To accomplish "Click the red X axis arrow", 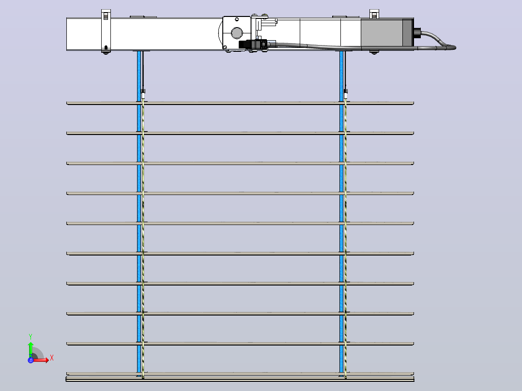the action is point(41,360).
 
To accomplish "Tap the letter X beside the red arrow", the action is point(52,358).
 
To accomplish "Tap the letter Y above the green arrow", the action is point(31,336).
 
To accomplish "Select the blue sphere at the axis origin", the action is point(31,360).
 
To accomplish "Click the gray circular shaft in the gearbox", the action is point(237,33).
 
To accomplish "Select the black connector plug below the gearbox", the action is point(253,45).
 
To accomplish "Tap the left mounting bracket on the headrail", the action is point(106,31).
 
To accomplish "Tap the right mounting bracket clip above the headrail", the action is point(374,14).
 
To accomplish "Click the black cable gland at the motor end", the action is point(417,32).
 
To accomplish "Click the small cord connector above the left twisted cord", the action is point(143,93).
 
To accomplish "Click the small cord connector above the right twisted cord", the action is point(346,93).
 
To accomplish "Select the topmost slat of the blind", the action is point(240,103).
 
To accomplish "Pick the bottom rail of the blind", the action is point(240,379).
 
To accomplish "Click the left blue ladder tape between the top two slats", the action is point(139,118).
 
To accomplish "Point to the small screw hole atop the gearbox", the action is point(237,20).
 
